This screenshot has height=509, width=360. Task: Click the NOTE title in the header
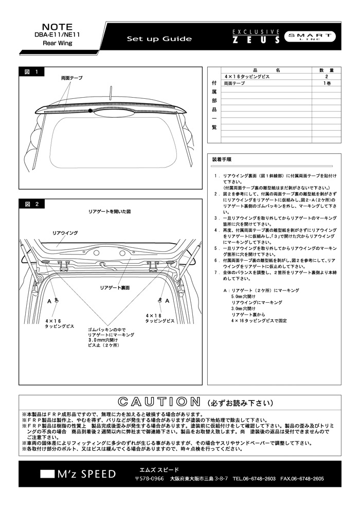pyautogui.click(x=58, y=27)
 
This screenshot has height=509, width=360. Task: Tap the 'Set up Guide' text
pyautogui.click(x=159, y=39)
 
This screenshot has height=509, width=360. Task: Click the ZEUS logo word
pyautogui.click(x=256, y=40)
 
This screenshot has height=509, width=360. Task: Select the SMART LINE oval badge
pyautogui.click(x=310, y=37)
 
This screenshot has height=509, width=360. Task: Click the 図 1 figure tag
pyautogui.click(x=31, y=72)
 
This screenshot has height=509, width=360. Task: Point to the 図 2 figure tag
pyautogui.click(x=31, y=204)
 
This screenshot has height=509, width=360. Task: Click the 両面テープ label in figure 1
pyautogui.click(x=71, y=78)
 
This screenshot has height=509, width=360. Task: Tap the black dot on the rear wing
pyautogui.click(x=90, y=111)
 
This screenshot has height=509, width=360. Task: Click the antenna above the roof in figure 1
pyautogui.click(x=111, y=93)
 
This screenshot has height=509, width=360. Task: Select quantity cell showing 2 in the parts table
pyautogui.click(x=326, y=77)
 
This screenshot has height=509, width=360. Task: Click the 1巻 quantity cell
pyautogui.click(x=326, y=83)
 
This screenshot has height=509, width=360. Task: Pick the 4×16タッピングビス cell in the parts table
pyautogui.click(x=247, y=77)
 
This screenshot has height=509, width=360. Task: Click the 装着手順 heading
pyautogui.click(x=222, y=160)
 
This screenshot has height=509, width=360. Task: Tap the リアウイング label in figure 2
pyautogui.click(x=65, y=233)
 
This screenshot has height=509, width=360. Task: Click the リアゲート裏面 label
pyautogui.click(x=115, y=287)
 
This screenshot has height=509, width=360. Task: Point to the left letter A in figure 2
pyautogui.click(x=49, y=301)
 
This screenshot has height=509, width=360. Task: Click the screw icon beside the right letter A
pyautogui.click(x=160, y=300)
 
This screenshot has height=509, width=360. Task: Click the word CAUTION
pyautogui.click(x=159, y=402)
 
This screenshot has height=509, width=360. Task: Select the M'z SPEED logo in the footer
pyautogui.click(x=78, y=474)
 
